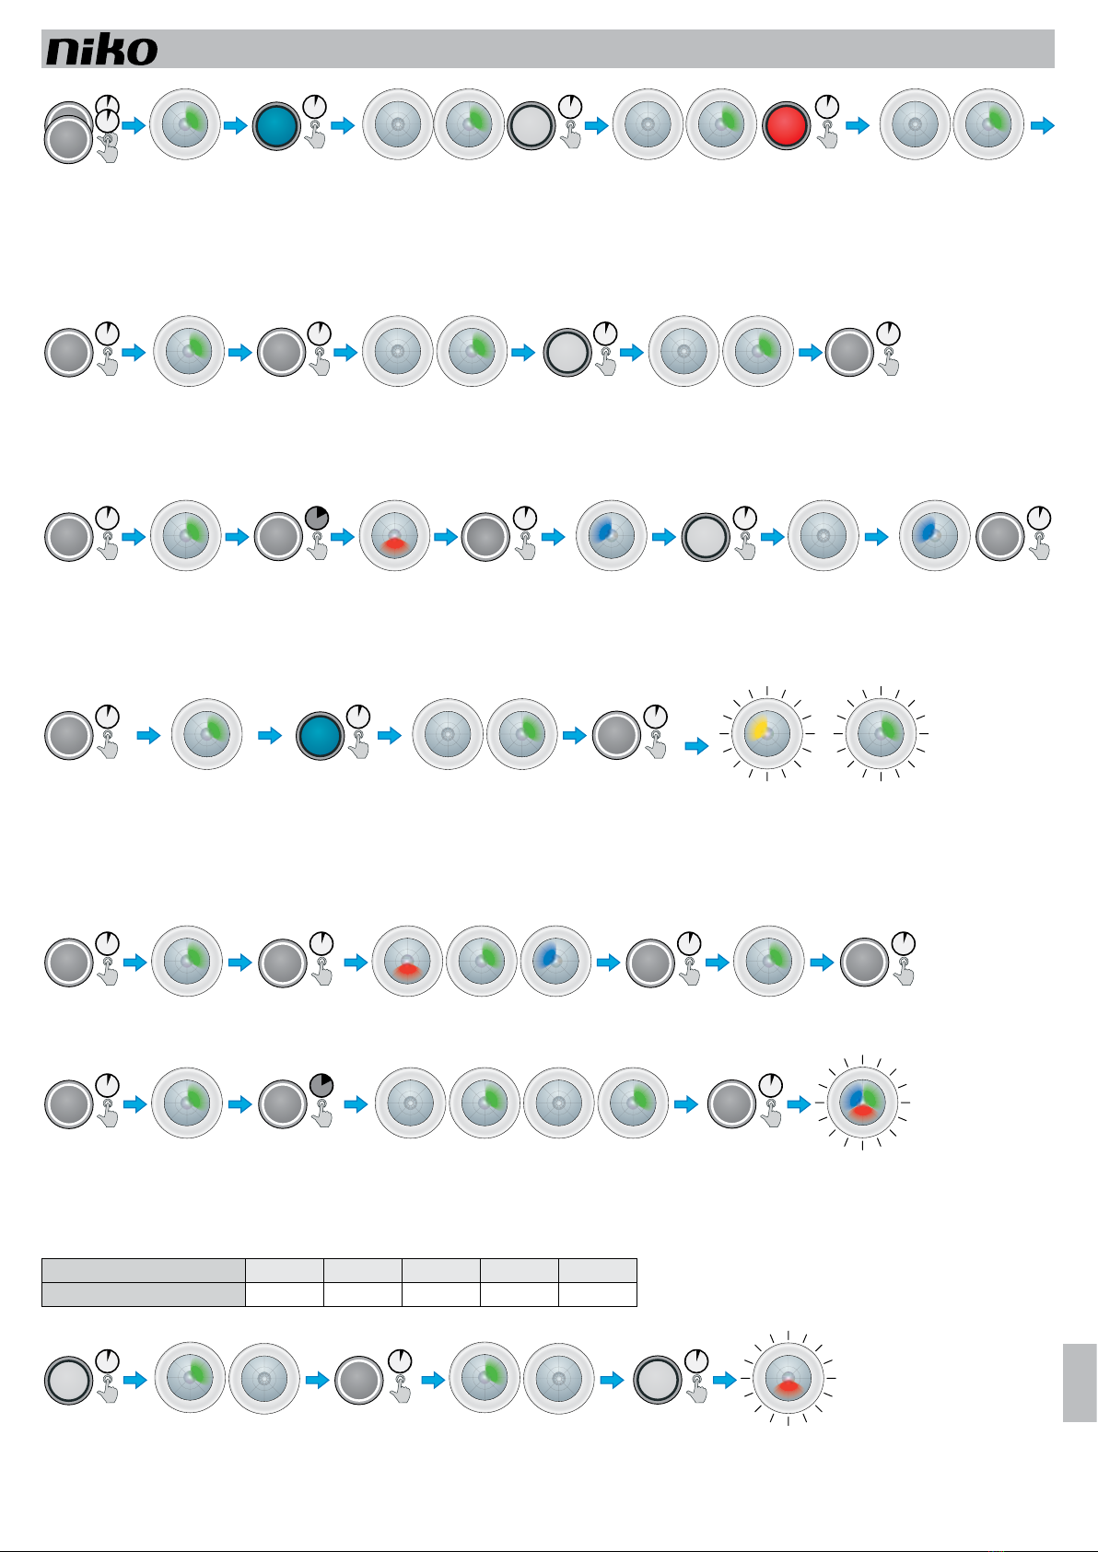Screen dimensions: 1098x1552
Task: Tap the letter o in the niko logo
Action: click(x=142, y=53)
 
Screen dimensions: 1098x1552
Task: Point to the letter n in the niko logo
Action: click(x=64, y=53)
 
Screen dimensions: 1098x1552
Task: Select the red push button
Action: click(x=787, y=124)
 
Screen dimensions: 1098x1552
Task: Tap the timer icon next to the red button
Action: click(x=827, y=104)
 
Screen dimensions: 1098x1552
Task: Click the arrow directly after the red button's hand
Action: click(x=858, y=125)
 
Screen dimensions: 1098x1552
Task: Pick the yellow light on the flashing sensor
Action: click(x=759, y=729)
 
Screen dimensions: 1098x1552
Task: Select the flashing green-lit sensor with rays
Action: click(x=881, y=734)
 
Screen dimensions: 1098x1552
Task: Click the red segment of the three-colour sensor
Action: click(x=862, y=1112)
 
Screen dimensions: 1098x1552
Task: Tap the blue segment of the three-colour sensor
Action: click(x=854, y=1095)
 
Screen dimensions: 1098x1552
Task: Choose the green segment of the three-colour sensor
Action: click(x=872, y=1096)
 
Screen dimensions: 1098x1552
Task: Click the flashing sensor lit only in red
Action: click(x=788, y=1379)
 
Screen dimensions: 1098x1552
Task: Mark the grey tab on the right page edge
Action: click(x=1080, y=1383)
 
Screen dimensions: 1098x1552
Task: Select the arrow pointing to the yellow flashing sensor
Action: click(x=697, y=745)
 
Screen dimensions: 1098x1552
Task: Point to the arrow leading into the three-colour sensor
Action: click(x=800, y=1103)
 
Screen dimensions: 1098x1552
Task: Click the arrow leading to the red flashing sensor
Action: click(x=726, y=1380)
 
